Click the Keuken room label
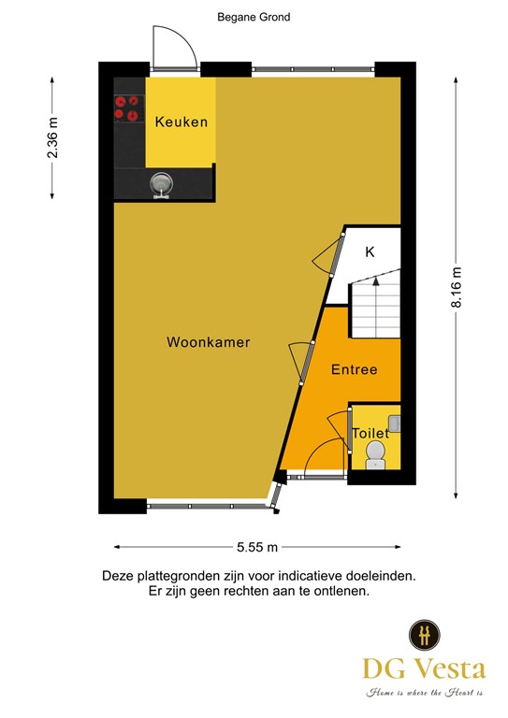click(x=181, y=122)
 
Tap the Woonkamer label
click(x=209, y=342)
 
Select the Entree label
click(x=354, y=369)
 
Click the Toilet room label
click(x=370, y=433)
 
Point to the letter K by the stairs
click(x=370, y=251)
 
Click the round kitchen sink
click(x=161, y=184)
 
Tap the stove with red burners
click(x=127, y=108)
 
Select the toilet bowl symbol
click(x=375, y=454)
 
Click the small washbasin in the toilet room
click(x=395, y=424)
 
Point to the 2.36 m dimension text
click(x=52, y=137)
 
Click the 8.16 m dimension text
click(x=457, y=287)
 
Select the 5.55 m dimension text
click(x=257, y=547)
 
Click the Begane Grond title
click(x=254, y=18)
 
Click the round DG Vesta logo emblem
click(x=424, y=635)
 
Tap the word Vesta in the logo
click(x=452, y=669)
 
